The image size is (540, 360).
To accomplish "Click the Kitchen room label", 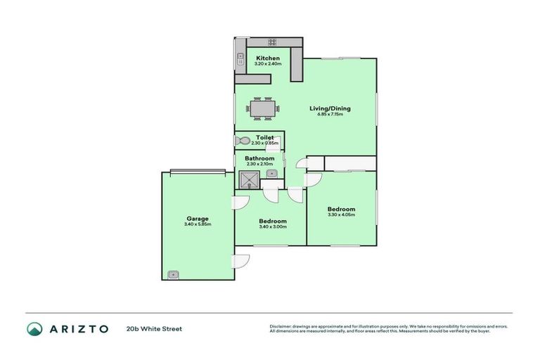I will click(x=267, y=58).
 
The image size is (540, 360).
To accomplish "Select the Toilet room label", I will click(x=264, y=137).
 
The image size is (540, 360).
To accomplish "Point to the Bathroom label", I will click(x=259, y=158).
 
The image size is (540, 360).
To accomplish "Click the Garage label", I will click(x=198, y=218).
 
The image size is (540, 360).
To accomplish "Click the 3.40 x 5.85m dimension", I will click(x=198, y=224).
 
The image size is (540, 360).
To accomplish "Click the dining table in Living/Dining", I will click(x=263, y=108).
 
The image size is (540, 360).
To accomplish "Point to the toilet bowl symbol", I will click(x=242, y=141).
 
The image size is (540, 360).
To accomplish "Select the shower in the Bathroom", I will click(x=246, y=180).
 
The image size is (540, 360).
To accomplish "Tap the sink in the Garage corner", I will click(x=173, y=274).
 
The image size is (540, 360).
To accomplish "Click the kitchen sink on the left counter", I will click(x=240, y=58).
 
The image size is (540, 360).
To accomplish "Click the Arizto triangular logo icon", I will click(x=34, y=328).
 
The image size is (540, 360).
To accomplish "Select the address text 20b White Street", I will click(x=154, y=328).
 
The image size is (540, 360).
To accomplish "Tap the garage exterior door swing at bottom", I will click(x=240, y=259).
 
